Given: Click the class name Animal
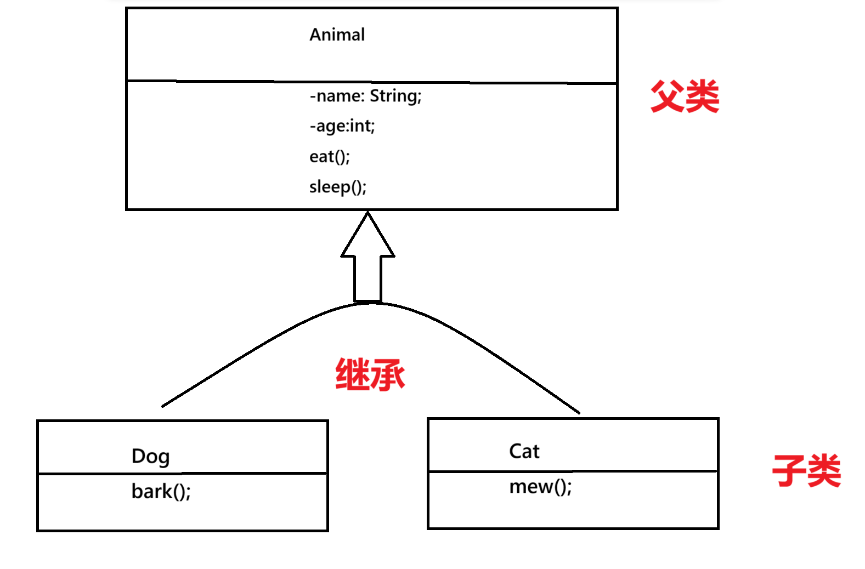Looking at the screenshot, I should [337, 35].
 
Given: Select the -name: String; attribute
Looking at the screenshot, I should [365, 96].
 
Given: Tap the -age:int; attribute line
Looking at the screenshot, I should [342, 126].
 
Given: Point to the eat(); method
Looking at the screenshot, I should [329, 157].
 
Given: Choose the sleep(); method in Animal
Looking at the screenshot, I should [337, 187].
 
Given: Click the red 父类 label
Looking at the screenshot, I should [685, 96].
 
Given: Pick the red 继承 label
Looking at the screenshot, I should [370, 375].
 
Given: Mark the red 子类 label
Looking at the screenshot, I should [806, 470].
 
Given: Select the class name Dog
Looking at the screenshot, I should [150, 456].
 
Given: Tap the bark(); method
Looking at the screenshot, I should [161, 491].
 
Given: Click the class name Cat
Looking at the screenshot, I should [524, 451].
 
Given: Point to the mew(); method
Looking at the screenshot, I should [540, 487].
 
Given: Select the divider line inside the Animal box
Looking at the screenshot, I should [372, 82].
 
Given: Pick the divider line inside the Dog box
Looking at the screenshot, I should [183, 473].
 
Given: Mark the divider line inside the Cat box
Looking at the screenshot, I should [573, 471].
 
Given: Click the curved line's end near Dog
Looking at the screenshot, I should [163, 406].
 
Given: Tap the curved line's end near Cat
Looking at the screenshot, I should [578, 412].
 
